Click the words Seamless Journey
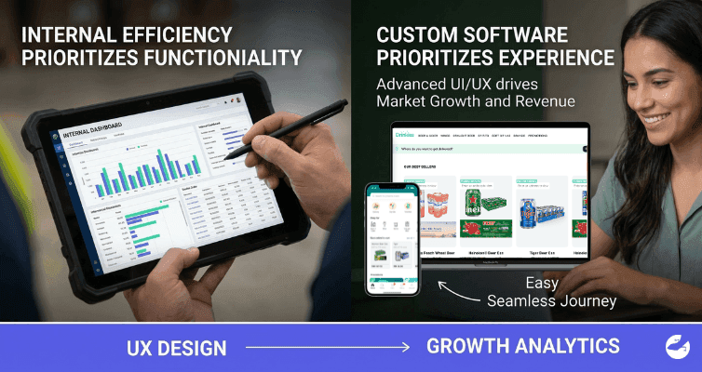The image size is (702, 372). [552, 300]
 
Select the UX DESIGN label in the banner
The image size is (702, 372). [177, 348]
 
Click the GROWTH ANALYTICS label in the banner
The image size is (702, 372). [522, 346]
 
